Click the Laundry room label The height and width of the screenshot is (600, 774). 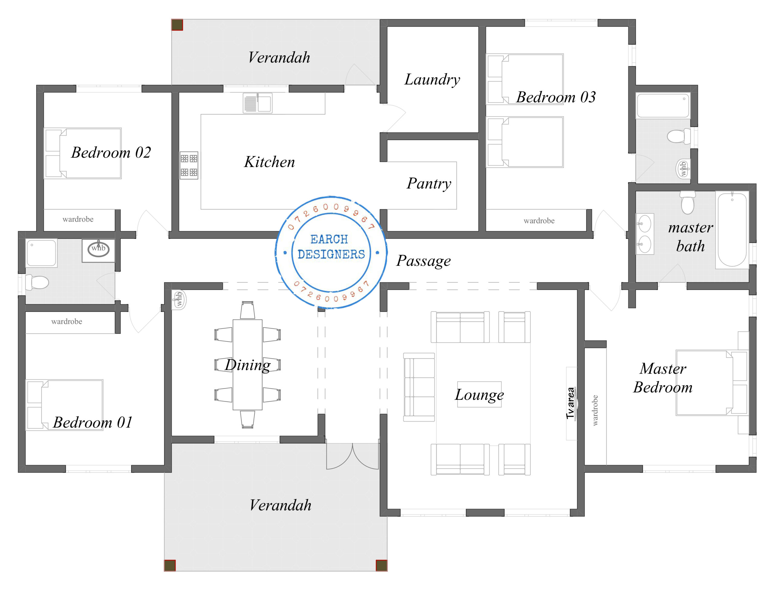pyautogui.click(x=432, y=80)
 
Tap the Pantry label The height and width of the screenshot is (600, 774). pyautogui.click(x=429, y=184)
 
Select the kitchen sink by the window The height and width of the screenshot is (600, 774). pyautogui.click(x=258, y=103)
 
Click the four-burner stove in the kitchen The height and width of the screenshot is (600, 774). pyautogui.click(x=189, y=165)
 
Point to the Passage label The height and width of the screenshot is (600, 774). pyautogui.click(x=424, y=261)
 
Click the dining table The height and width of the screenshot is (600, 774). pyautogui.click(x=247, y=365)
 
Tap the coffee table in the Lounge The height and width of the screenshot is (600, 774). pyautogui.click(x=479, y=394)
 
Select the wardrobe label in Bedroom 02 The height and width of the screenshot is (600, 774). pyautogui.click(x=78, y=219)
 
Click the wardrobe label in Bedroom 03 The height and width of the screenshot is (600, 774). pyautogui.click(x=539, y=221)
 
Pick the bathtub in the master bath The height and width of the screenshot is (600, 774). pyautogui.click(x=732, y=230)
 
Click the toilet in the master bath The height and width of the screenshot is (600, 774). pyautogui.click(x=688, y=202)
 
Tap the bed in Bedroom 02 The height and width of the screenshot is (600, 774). pyautogui.click(x=83, y=153)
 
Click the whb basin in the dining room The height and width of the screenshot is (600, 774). pyautogui.click(x=179, y=300)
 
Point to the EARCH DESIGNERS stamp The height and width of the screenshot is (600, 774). pyautogui.click(x=331, y=252)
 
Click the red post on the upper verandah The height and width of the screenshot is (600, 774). pyautogui.click(x=177, y=25)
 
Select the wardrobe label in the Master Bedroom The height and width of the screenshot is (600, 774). pyautogui.click(x=595, y=410)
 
